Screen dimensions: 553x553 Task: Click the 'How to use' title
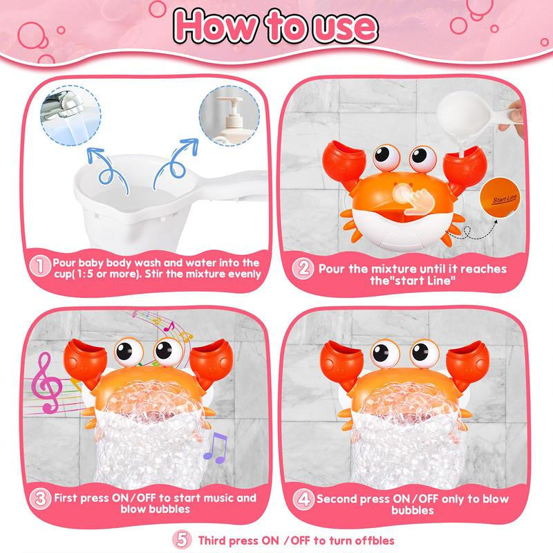tap(276, 27)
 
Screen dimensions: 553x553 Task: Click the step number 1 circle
tap(42, 265)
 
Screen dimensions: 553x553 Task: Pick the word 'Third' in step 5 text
tap(213, 541)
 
